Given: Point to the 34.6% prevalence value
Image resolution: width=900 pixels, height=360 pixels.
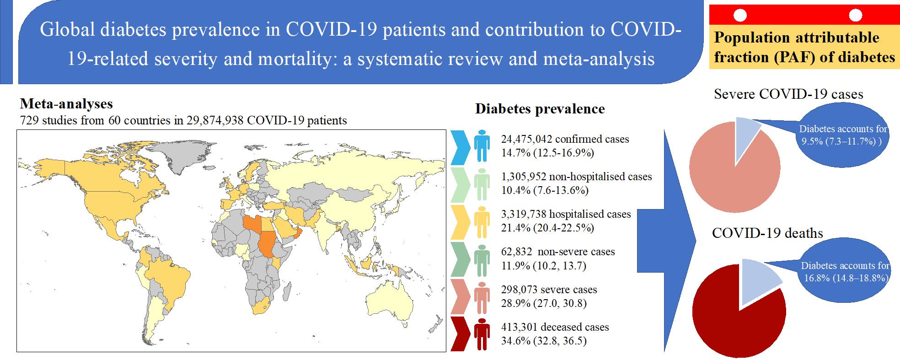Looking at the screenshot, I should coord(515,341).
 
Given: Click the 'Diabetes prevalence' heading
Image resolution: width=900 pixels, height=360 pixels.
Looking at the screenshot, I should coord(540,109).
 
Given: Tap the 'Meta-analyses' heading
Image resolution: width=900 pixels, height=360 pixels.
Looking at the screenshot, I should coord(67,104).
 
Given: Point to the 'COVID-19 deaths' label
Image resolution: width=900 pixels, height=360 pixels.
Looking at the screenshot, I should coord(767,233).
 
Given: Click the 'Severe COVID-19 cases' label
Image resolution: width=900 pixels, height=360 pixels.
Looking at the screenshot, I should coord(788,94).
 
